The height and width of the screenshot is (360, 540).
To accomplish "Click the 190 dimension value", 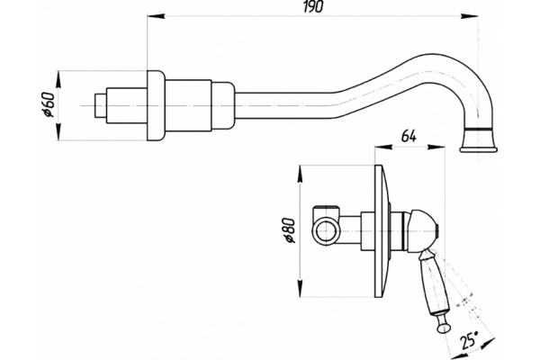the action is coord(313,7).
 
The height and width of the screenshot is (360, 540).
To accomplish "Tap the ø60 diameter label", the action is coord(49,105).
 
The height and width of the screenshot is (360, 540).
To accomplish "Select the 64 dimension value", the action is coord(409,137).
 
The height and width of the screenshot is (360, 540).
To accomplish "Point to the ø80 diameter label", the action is coord(290,230).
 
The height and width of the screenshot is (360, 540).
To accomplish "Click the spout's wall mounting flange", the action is coord(156,105).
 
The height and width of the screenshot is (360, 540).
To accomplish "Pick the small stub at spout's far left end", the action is coord(100,105).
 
